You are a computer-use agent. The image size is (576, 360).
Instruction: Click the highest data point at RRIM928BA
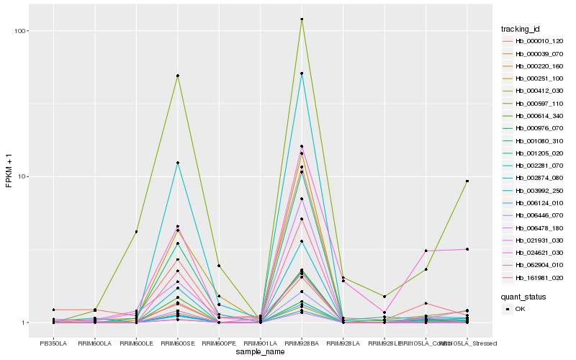(302, 19)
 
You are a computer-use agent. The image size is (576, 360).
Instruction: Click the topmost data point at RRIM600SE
(177, 76)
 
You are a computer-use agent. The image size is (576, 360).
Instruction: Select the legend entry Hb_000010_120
(534, 41)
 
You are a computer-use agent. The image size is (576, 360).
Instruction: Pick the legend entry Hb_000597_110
(534, 103)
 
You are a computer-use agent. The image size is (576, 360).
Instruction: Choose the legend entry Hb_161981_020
(534, 277)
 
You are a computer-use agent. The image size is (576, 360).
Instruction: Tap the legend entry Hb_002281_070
(534, 166)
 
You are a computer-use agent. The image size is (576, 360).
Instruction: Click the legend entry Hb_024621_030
(534, 252)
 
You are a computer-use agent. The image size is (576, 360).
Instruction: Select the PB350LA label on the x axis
(53, 344)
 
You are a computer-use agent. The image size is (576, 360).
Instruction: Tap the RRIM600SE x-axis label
(177, 344)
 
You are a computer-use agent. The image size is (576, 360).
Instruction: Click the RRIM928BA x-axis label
(302, 344)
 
